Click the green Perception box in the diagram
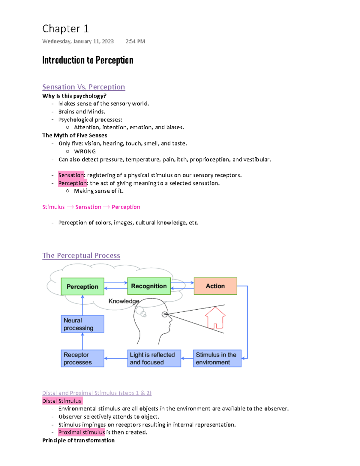[x=82, y=287]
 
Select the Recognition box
[x=149, y=286]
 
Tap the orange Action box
[x=215, y=286]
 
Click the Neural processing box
[x=82, y=324]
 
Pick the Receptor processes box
[x=82, y=358]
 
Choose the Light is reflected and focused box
[x=154, y=358]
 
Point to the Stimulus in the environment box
[x=217, y=358]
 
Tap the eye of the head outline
[x=165, y=314]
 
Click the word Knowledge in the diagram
[x=124, y=301]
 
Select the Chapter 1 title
[x=65, y=29]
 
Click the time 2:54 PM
[x=135, y=41]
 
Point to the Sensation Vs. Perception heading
[x=83, y=87]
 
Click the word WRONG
[x=85, y=152]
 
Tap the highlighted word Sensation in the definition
[x=71, y=175]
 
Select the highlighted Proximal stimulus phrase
[x=82, y=432]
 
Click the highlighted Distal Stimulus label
[x=62, y=401]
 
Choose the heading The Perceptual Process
[x=81, y=256]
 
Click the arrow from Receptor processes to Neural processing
[x=82, y=341]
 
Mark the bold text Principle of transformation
[x=78, y=440]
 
